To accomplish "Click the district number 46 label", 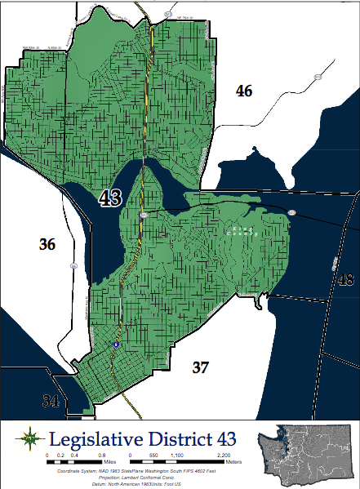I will tap(244, 91).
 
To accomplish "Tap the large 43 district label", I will tap(111, 198).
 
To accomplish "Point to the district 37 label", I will tap(201, 367).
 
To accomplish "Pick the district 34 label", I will tap(51, 400).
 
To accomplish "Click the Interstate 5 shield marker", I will tap(116, 345).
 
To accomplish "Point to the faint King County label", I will tap(242, 231).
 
